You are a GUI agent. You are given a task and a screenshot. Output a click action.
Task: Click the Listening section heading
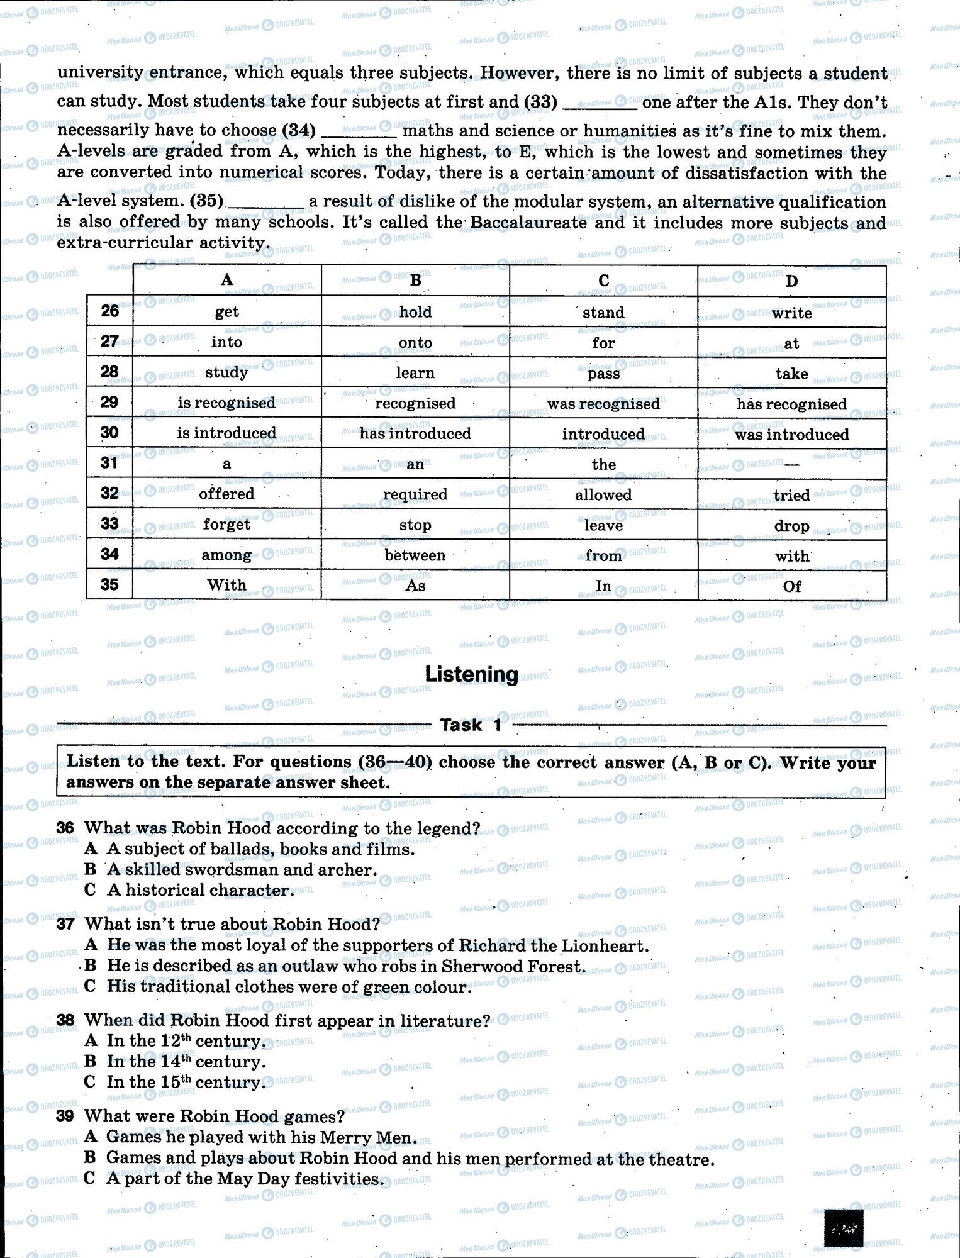(x=471, y=674)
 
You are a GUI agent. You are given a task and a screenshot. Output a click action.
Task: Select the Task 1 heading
(x=471, y=725)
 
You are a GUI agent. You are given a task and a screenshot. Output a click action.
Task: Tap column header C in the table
(x=603, y=281)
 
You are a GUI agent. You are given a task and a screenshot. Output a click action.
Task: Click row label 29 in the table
(x=109, y=402)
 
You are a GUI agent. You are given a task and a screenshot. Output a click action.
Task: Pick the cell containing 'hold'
(x=415, y=312)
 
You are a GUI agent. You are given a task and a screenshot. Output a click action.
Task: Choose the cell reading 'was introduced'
(x=791, y=435)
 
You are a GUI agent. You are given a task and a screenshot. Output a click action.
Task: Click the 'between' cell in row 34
(x=415, y=555)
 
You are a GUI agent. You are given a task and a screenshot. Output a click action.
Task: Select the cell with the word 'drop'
(x=791, y=525)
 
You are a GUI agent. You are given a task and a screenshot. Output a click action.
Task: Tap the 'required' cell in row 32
(x=415, y=495)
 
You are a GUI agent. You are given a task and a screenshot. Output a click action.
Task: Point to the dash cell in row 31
(x=791, y=465)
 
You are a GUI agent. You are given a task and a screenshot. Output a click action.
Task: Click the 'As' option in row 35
(x=415, y=586)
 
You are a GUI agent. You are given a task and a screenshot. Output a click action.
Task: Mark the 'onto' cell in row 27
(x=415, y=343)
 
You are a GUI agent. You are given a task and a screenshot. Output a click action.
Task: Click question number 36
(x=65, y=828)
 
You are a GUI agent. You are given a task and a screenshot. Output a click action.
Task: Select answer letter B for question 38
(x=91, y=1062)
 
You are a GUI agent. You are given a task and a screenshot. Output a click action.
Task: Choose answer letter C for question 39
(x=91, y=1178)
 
